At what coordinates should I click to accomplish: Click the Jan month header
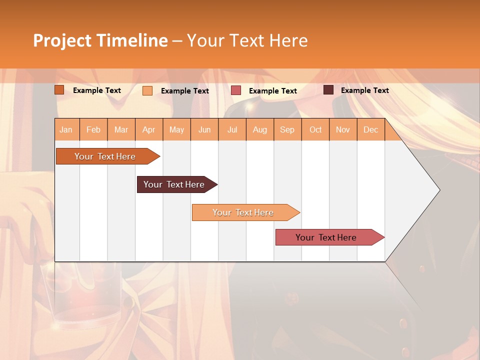point(66,130)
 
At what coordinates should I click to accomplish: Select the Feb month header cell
point(93,130)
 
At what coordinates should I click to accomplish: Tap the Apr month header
point(149,130)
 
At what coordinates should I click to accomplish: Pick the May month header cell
point(176,130)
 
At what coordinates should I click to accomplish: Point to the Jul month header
point(232,130)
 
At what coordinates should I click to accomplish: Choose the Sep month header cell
point(287,130)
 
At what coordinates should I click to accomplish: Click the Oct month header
point(315,130)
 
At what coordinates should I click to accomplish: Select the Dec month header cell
point(370,130)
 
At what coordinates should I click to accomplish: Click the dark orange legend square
point(59,90)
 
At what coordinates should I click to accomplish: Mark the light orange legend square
point(147,90)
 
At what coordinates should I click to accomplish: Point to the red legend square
point(236,90)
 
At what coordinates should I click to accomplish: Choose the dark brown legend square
point(328,90)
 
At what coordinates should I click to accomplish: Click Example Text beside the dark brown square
point(364,90)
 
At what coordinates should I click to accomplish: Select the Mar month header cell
point(121,130)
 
